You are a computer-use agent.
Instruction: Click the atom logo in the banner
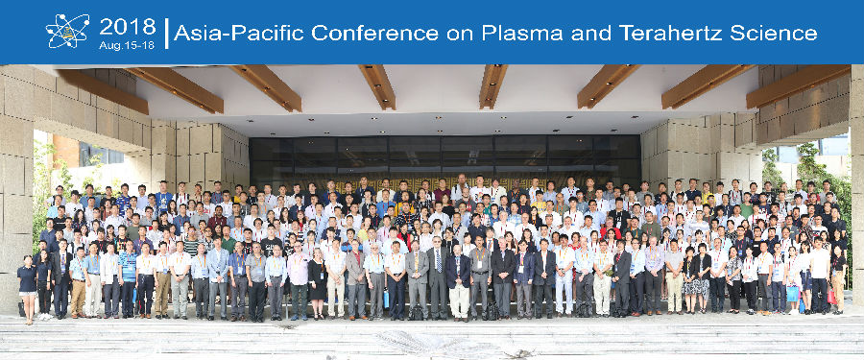coord(67,31)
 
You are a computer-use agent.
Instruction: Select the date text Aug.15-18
coord(127,45)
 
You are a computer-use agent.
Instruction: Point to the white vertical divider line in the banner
coord(166,33)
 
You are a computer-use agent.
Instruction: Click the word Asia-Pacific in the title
coord(239,33)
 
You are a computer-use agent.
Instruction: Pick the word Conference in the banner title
coord(374,33)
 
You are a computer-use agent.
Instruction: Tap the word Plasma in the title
coord(522,33)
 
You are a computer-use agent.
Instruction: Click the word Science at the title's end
coord(774,33)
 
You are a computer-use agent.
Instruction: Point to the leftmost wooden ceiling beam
coord(103,91)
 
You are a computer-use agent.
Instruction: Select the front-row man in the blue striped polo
coord(128,280)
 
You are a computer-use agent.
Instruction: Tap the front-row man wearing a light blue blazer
coord(218,277)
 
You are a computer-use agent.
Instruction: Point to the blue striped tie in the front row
coord(438,260)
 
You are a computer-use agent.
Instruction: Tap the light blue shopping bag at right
coord(792,294)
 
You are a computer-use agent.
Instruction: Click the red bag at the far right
coord(831,297)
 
